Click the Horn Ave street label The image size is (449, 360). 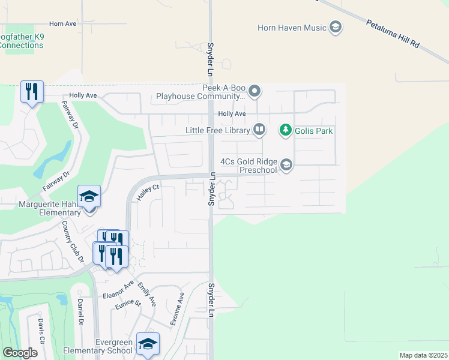click(x=63, y=24)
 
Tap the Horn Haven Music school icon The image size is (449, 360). click(x=336, y=27)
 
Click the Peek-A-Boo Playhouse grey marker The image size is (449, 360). click(x=255, y=92)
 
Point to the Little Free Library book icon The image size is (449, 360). click(x=259, y=129)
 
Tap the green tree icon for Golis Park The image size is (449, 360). click(x=286, y=130)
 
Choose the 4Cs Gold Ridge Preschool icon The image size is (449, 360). click(x=287, y=165)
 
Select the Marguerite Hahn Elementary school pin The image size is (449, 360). click(x=89, y=197)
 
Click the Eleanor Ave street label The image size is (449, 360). click(x=117, y=290)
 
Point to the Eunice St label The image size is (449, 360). click(x=128, y=304)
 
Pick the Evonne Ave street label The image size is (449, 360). click(x=177, y=308)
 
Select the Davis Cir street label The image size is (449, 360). click(x=41, y=332)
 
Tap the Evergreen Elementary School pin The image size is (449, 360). click(x=148, y=344)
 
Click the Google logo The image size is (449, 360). click(x=20, y=353)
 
